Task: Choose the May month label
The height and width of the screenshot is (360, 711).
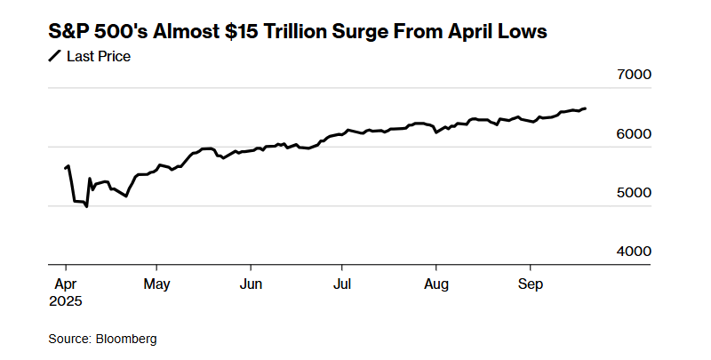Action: coord(156,284)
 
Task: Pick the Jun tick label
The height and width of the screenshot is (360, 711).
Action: coord(251,284)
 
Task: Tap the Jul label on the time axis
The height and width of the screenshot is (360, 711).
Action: coord(341,284)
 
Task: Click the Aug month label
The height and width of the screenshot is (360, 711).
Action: coord(435,284)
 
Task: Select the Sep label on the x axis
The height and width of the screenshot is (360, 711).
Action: coord(530,284)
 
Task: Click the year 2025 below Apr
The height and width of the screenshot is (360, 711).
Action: coord(65,301)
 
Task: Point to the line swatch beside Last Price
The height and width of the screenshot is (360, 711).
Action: coord(54,57)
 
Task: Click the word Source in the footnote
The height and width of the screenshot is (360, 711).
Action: coord(68,339)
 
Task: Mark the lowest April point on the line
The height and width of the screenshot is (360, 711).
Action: coord(86,207)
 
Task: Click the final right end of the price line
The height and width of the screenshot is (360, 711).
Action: coord(586,108)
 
